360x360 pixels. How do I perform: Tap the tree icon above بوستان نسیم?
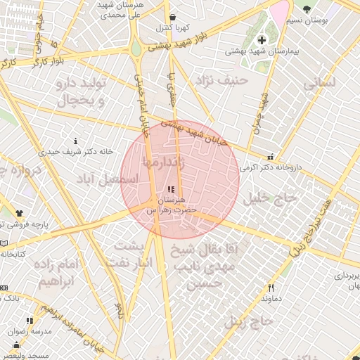[307, 8]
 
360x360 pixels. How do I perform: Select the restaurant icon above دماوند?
[270, 288]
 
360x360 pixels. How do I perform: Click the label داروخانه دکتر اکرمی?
[271, 168]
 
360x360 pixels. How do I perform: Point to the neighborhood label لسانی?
[319, 82]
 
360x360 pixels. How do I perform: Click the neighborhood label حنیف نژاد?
[223, 80]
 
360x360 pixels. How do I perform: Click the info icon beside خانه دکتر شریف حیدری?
[76, 141]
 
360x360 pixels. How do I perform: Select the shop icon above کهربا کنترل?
[173, 18]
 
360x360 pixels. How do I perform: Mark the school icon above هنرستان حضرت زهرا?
[172, 189]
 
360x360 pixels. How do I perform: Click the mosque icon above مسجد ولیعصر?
[16, 345]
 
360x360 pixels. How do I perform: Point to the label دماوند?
[271, 299]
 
